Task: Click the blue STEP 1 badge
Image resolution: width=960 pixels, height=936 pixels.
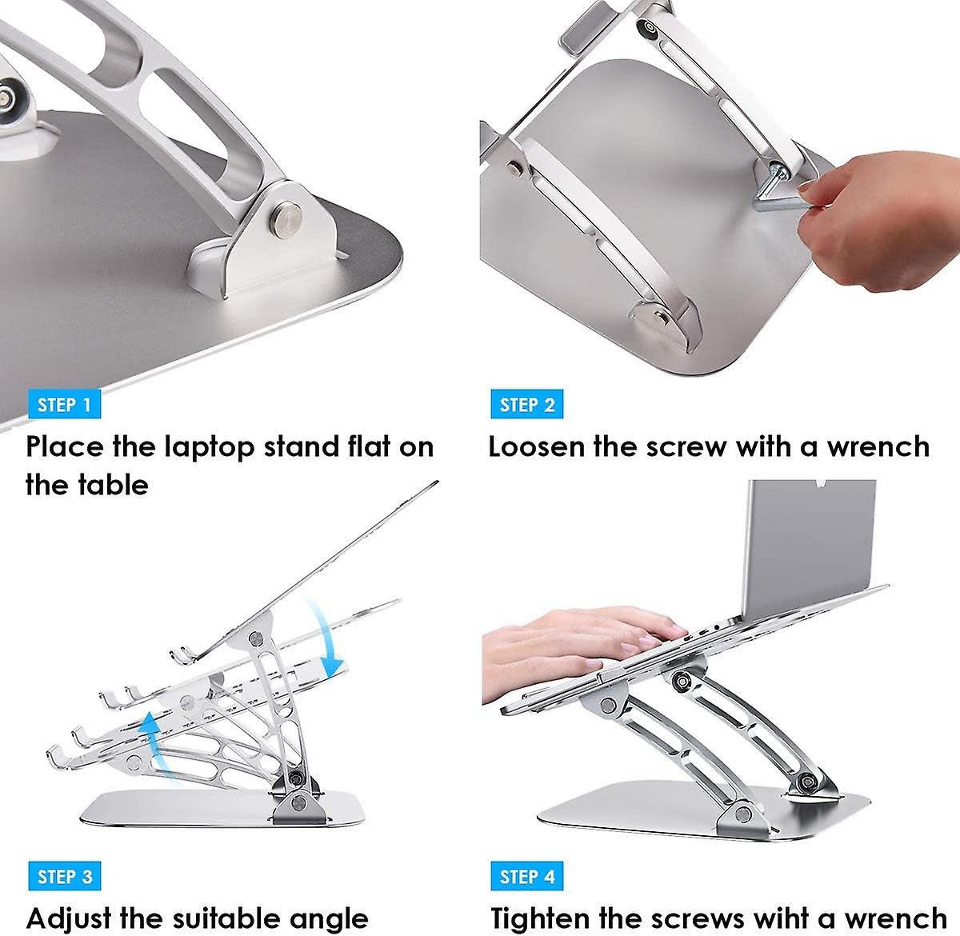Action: (65, 405)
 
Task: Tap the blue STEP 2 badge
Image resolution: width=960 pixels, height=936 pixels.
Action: (527, 405)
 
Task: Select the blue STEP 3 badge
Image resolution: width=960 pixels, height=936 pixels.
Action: (65, 877)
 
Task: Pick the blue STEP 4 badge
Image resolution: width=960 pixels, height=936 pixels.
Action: (527, 877)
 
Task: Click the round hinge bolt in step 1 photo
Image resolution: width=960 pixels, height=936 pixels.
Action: (288, 217)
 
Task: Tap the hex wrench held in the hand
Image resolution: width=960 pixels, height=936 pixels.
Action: (780, 193)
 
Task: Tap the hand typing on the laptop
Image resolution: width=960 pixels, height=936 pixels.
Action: (576, 632)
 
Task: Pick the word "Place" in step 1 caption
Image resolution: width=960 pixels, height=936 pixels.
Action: (63, 446)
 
